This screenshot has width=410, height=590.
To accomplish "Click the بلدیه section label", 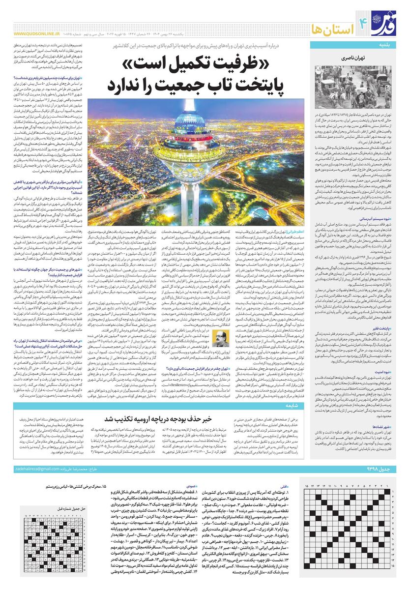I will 396,45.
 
